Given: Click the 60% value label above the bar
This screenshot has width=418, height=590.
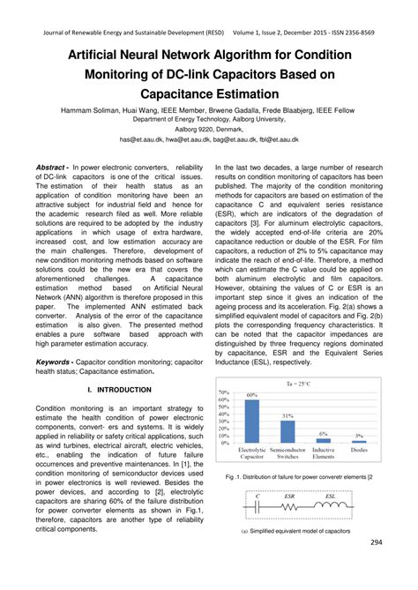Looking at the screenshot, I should (251, 395).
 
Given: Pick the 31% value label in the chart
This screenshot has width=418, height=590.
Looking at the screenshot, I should (287, 415).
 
